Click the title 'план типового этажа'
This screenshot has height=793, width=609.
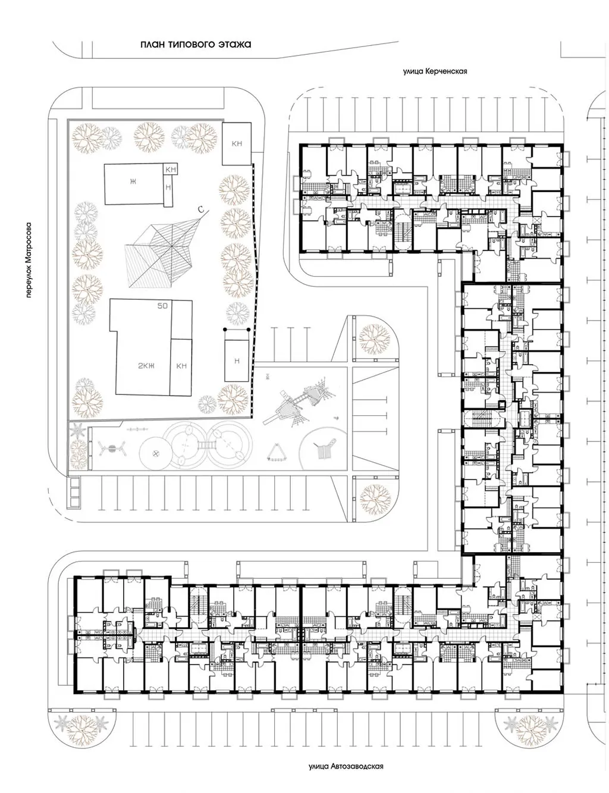tap(196, 45)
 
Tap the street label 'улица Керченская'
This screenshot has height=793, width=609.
tap(435, 71)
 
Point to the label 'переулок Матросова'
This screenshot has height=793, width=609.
tap(29, 260)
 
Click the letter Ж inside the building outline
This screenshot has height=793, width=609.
tap(133, 181)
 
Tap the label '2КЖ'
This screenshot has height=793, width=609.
tap(146, 365)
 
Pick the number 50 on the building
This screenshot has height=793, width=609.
tap(162, 306)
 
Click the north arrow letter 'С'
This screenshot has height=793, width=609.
tap(200, 209)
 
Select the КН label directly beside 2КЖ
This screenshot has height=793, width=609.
tap(181, 366)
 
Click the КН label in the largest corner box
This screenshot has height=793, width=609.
tap(237, 143)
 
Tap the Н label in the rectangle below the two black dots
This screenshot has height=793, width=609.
tap(237, 361)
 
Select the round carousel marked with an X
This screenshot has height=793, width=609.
tap(156, 453)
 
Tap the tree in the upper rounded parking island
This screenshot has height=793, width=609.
tap(374, 338)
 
